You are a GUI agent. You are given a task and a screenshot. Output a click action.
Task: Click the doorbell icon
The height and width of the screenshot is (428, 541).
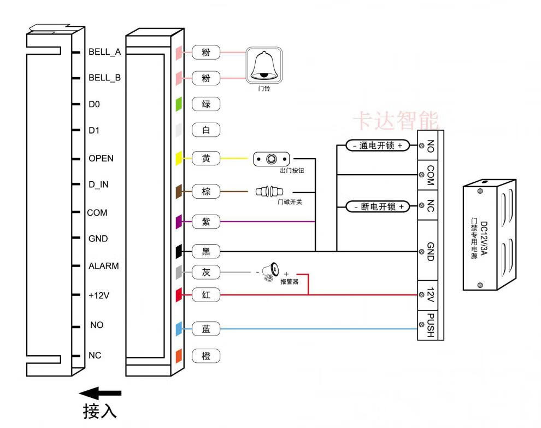click(x=264, y=65)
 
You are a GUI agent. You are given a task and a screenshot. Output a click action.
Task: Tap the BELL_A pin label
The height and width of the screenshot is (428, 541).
click(x=104, y=52)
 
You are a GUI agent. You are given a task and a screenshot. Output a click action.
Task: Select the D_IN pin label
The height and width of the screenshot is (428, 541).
click(x=98, y=184)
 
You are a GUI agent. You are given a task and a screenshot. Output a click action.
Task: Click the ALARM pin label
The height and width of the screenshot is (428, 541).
click(x=103, y=266)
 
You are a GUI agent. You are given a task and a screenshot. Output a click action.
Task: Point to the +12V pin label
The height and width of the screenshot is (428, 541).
click(x=99, y=295)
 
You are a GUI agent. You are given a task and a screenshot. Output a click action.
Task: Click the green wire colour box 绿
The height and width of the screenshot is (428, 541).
click(x=206, y=104)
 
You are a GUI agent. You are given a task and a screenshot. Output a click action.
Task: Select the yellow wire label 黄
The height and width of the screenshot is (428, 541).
click(x=206, y=159)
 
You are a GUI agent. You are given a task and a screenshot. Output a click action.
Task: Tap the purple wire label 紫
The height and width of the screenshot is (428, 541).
click(x=206, y=222)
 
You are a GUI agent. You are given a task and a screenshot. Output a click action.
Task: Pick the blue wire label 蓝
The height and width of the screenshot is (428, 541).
click(x=206, y=329)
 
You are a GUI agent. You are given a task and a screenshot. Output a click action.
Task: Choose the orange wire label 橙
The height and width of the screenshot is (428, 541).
click(x=206, y=356)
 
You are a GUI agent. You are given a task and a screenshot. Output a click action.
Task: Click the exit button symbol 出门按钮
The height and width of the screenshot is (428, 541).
click(x=271, y=159)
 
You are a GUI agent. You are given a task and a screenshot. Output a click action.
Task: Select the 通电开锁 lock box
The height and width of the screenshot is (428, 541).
click(x=377, y=146)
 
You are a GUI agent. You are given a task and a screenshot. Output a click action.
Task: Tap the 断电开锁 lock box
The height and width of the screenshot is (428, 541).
click(x=377, y=207)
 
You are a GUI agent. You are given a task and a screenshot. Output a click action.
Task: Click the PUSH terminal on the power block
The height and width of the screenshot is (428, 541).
click(x=431, y=325)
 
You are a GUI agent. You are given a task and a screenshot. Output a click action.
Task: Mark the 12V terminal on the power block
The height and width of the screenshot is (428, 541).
click(x=431, y=295)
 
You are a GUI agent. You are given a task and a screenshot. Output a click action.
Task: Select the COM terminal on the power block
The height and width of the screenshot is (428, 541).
click(x=431, y=175)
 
